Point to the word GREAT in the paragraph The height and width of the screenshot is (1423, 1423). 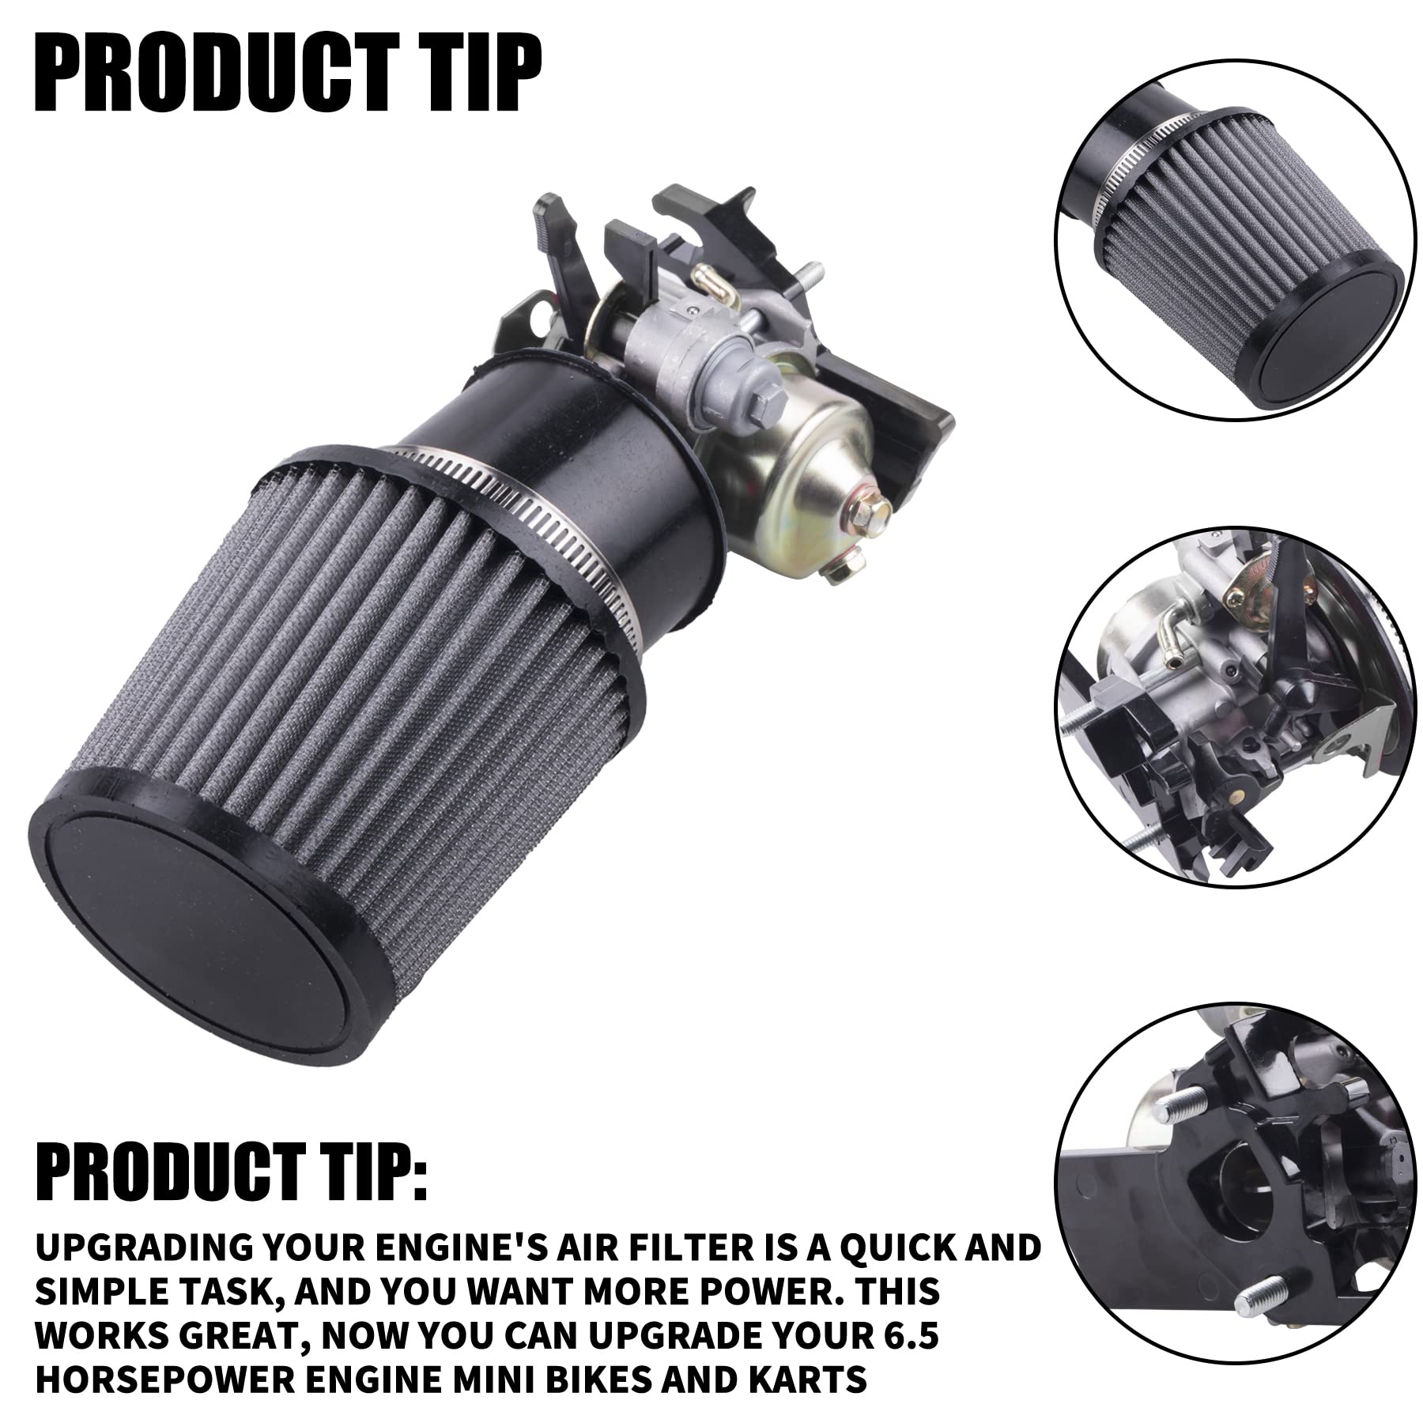[x=237, y=1334]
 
